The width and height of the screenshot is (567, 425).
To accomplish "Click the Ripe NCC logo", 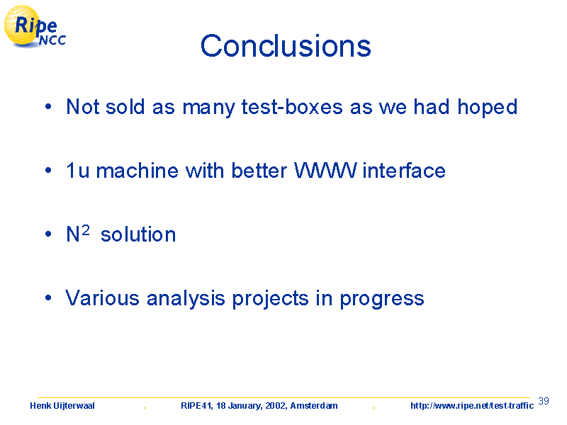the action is coord(35,26).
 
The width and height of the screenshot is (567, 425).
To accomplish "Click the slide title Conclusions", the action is coord(286,46).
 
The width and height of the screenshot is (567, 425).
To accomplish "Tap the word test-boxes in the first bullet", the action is coord(292,107).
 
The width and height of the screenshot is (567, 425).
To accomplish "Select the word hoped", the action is coord(488,108).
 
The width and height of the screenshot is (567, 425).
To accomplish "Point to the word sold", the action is coord(125,107).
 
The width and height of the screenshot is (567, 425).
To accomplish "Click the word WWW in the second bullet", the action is coord(325,170).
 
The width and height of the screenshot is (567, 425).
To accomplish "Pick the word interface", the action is coord(404,170).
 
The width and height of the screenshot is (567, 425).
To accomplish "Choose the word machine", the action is coord(137,170).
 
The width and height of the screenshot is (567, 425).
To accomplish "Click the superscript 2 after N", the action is coord(85,229).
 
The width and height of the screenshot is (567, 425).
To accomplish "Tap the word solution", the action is coord(138,234).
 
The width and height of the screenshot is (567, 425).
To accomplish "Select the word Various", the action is coord(102,298).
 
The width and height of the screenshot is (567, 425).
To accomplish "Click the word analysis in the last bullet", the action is coord(186,299).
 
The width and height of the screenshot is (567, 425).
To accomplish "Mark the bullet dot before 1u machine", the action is coord(48,170).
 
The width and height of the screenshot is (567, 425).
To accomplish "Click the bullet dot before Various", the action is coord(48,297).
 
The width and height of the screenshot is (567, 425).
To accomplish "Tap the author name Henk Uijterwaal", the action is coord(62,406).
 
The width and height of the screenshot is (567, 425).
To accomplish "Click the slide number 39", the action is coord(544,401).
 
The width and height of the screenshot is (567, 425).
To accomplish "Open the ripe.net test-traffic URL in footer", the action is coord(472,406).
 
